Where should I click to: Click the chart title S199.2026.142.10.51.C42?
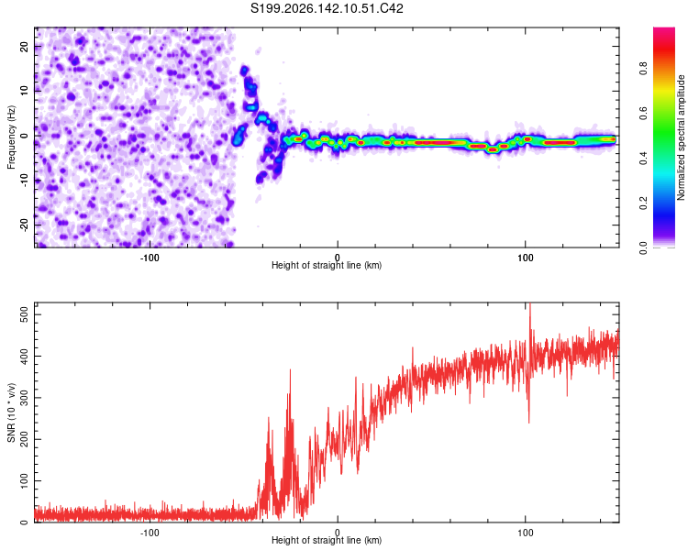tap(327, 8)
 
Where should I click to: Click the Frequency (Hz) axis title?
tap(11, 137)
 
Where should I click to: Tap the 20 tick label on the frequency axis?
tap(25, 47)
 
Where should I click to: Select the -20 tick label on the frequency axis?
tap(25, 225)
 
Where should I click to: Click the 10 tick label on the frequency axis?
tap(25, 91)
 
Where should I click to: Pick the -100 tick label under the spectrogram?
tap(150, 258)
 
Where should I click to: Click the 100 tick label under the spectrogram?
tap(526, 258)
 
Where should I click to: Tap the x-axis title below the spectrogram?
tap(327, 265)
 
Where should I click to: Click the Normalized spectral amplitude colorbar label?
tap(681, 137)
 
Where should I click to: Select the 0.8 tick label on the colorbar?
tap(643, 69)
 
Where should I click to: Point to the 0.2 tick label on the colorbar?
tap(643, 203)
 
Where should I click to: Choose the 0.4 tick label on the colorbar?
tap(643, 158)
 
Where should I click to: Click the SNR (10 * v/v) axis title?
tap(11, 412)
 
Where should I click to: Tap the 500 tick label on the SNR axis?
tap(25, 314)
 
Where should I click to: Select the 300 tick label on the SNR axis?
tap(25, 398)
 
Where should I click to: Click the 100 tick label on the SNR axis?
tap(25, 480)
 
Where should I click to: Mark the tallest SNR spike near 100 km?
tap(530, 304)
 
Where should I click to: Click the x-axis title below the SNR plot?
tap(327, 540)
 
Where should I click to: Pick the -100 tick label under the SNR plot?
tap(150, 533)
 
